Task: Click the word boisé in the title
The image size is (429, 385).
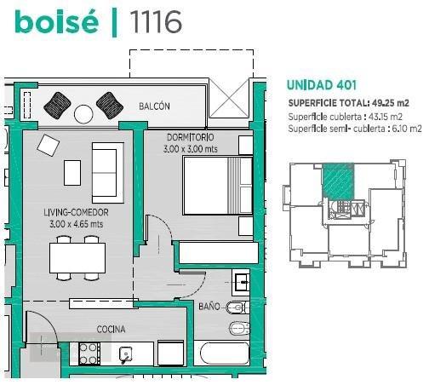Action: point(57,21)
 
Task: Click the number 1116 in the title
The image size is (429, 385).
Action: point(156,22)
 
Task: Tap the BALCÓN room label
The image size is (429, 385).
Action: point(154,106)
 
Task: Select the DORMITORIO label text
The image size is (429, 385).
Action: point(191,137)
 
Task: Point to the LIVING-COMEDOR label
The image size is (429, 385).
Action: point(76,212)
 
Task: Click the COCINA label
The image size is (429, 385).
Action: point(111,330)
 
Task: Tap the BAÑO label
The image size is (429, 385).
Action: point(209,307)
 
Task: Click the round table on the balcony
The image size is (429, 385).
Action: point(83,114)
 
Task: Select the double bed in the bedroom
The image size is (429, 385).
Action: point(218,186)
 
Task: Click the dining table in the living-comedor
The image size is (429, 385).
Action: point(77,258)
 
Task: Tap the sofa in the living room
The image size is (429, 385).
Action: point(108,173)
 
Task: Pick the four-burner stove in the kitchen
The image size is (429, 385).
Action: point(89,353)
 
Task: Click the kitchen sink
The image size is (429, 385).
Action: point(126,354)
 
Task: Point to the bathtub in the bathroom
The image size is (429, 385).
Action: point(225,353)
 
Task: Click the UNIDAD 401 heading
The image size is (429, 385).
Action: point(322,85)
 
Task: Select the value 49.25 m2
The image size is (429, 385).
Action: point(391,103)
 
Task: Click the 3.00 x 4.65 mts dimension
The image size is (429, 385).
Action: point(76,224)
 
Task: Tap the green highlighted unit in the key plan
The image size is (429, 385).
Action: point(339,181)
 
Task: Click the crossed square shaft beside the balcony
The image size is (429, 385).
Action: point(229,98)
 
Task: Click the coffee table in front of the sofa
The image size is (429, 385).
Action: point(72,173)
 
